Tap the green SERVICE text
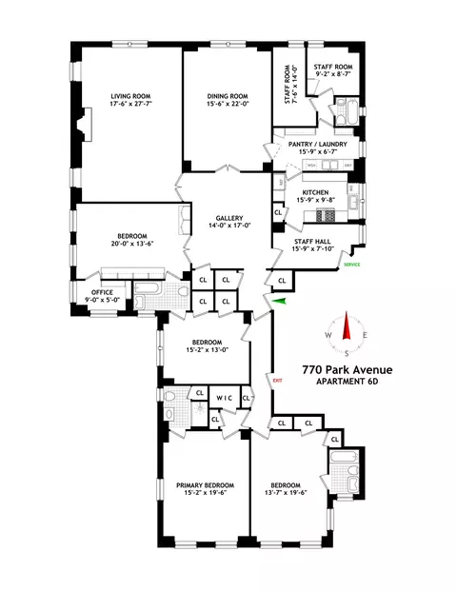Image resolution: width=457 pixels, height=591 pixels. [352, 264]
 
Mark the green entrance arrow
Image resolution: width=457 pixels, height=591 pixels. [278, 302]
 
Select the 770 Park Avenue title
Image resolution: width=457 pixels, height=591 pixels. [348, 369]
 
